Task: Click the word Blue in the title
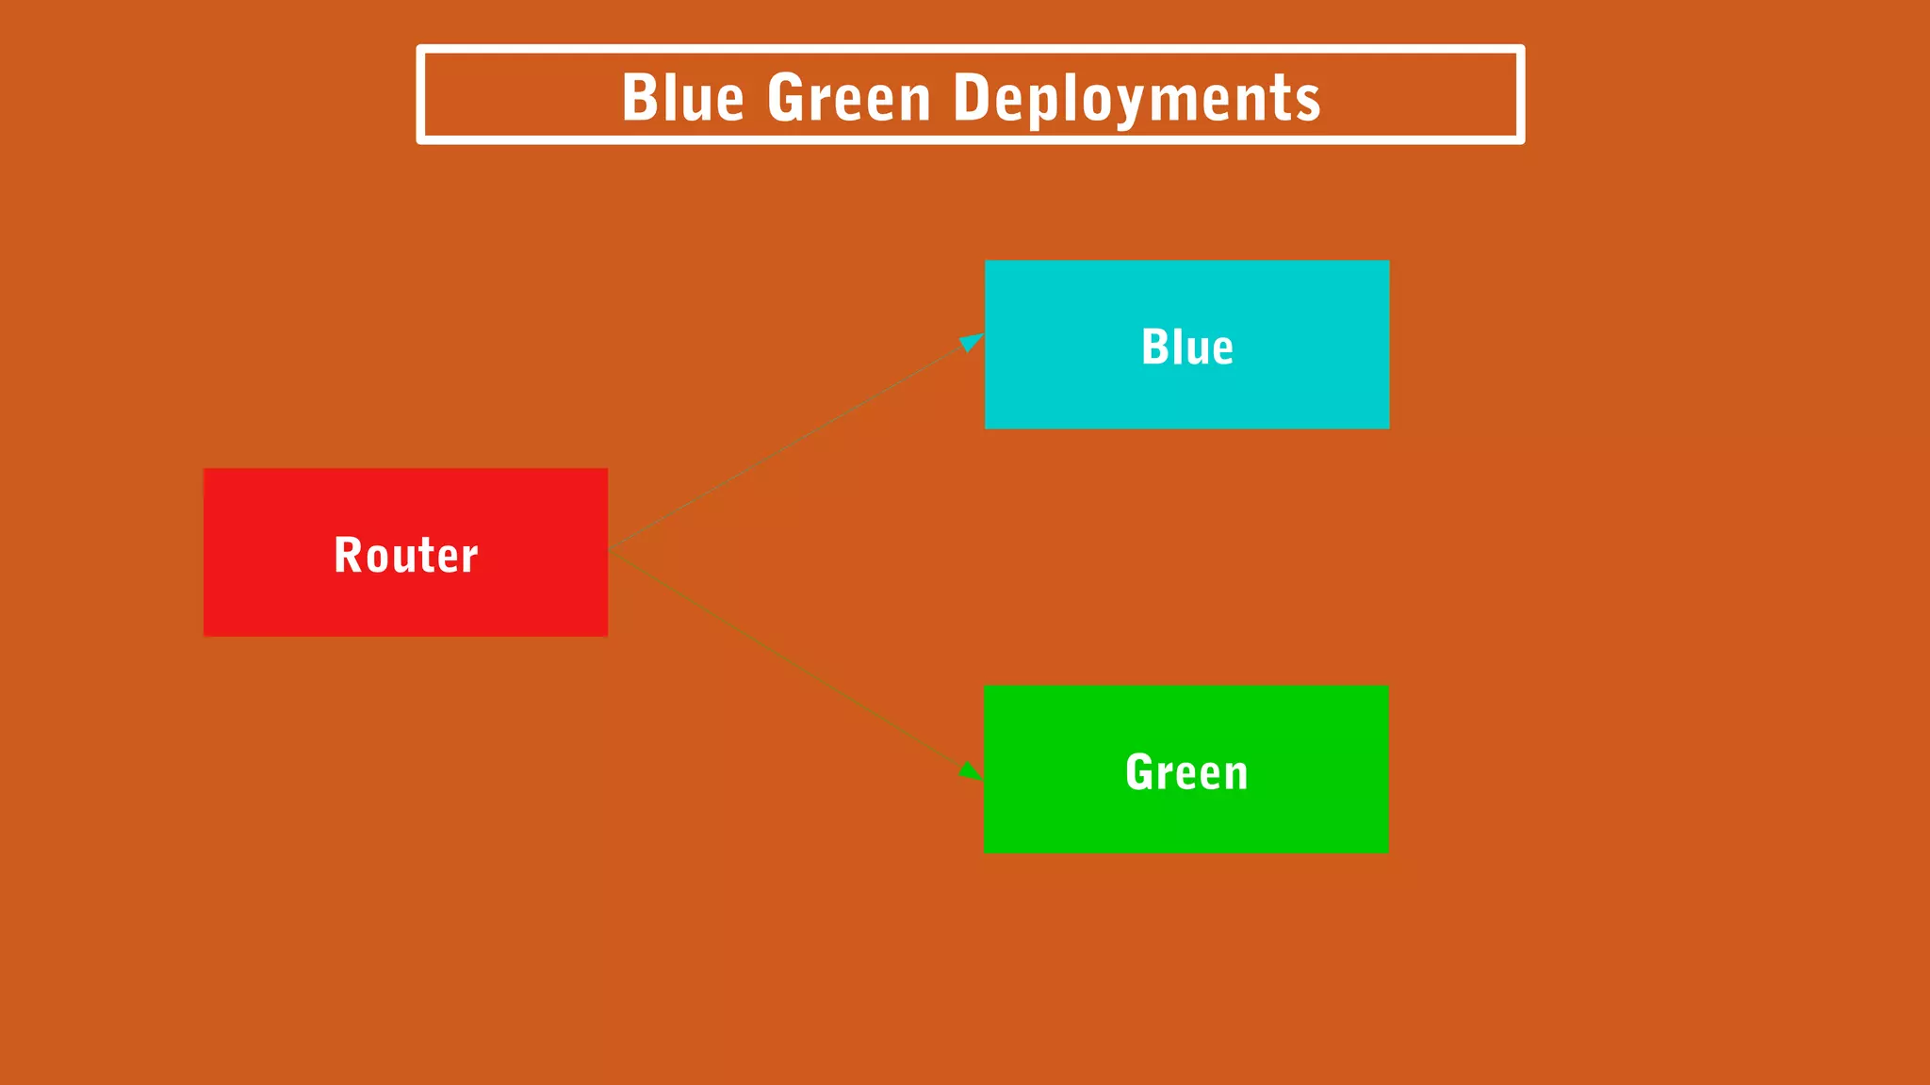[682, 97]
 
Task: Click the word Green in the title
[849, 97]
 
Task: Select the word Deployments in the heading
[1137, 99]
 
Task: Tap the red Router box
[405, 552]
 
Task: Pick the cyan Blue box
[1186, 345]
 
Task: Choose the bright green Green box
[1186, 769]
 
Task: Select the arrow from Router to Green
[792, 663]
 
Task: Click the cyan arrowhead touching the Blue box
[971, 341]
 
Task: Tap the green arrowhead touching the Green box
[971, 772]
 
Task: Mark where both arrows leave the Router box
[611, 552]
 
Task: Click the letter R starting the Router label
[349, 555]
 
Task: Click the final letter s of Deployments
[1309, 101]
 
